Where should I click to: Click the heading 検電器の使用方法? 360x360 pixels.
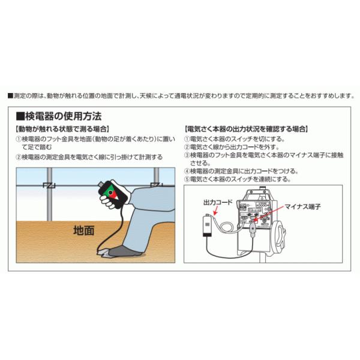pos(59,116)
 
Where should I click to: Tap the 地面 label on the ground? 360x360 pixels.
pos(83,230)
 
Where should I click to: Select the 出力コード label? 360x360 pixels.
pos(218,202)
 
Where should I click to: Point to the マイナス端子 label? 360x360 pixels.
pos(302,206)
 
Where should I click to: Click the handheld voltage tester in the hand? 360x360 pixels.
pos(113,194)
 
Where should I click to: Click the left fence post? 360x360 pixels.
pos(49,194)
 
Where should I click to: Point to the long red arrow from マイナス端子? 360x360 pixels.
pos(269,214)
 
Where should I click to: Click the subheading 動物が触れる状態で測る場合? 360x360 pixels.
pos(62,129)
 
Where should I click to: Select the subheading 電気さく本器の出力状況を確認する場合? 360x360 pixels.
pos(246,129)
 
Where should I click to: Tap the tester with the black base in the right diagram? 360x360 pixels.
pos(208,225)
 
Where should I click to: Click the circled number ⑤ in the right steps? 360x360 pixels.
pos(187,179)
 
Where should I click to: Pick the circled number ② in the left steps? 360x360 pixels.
pos(19,157)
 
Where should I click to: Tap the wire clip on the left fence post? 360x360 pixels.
pos(49,185)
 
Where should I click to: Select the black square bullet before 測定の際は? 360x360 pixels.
pos(10,96)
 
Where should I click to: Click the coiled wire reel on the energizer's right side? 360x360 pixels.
pos(280,234)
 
